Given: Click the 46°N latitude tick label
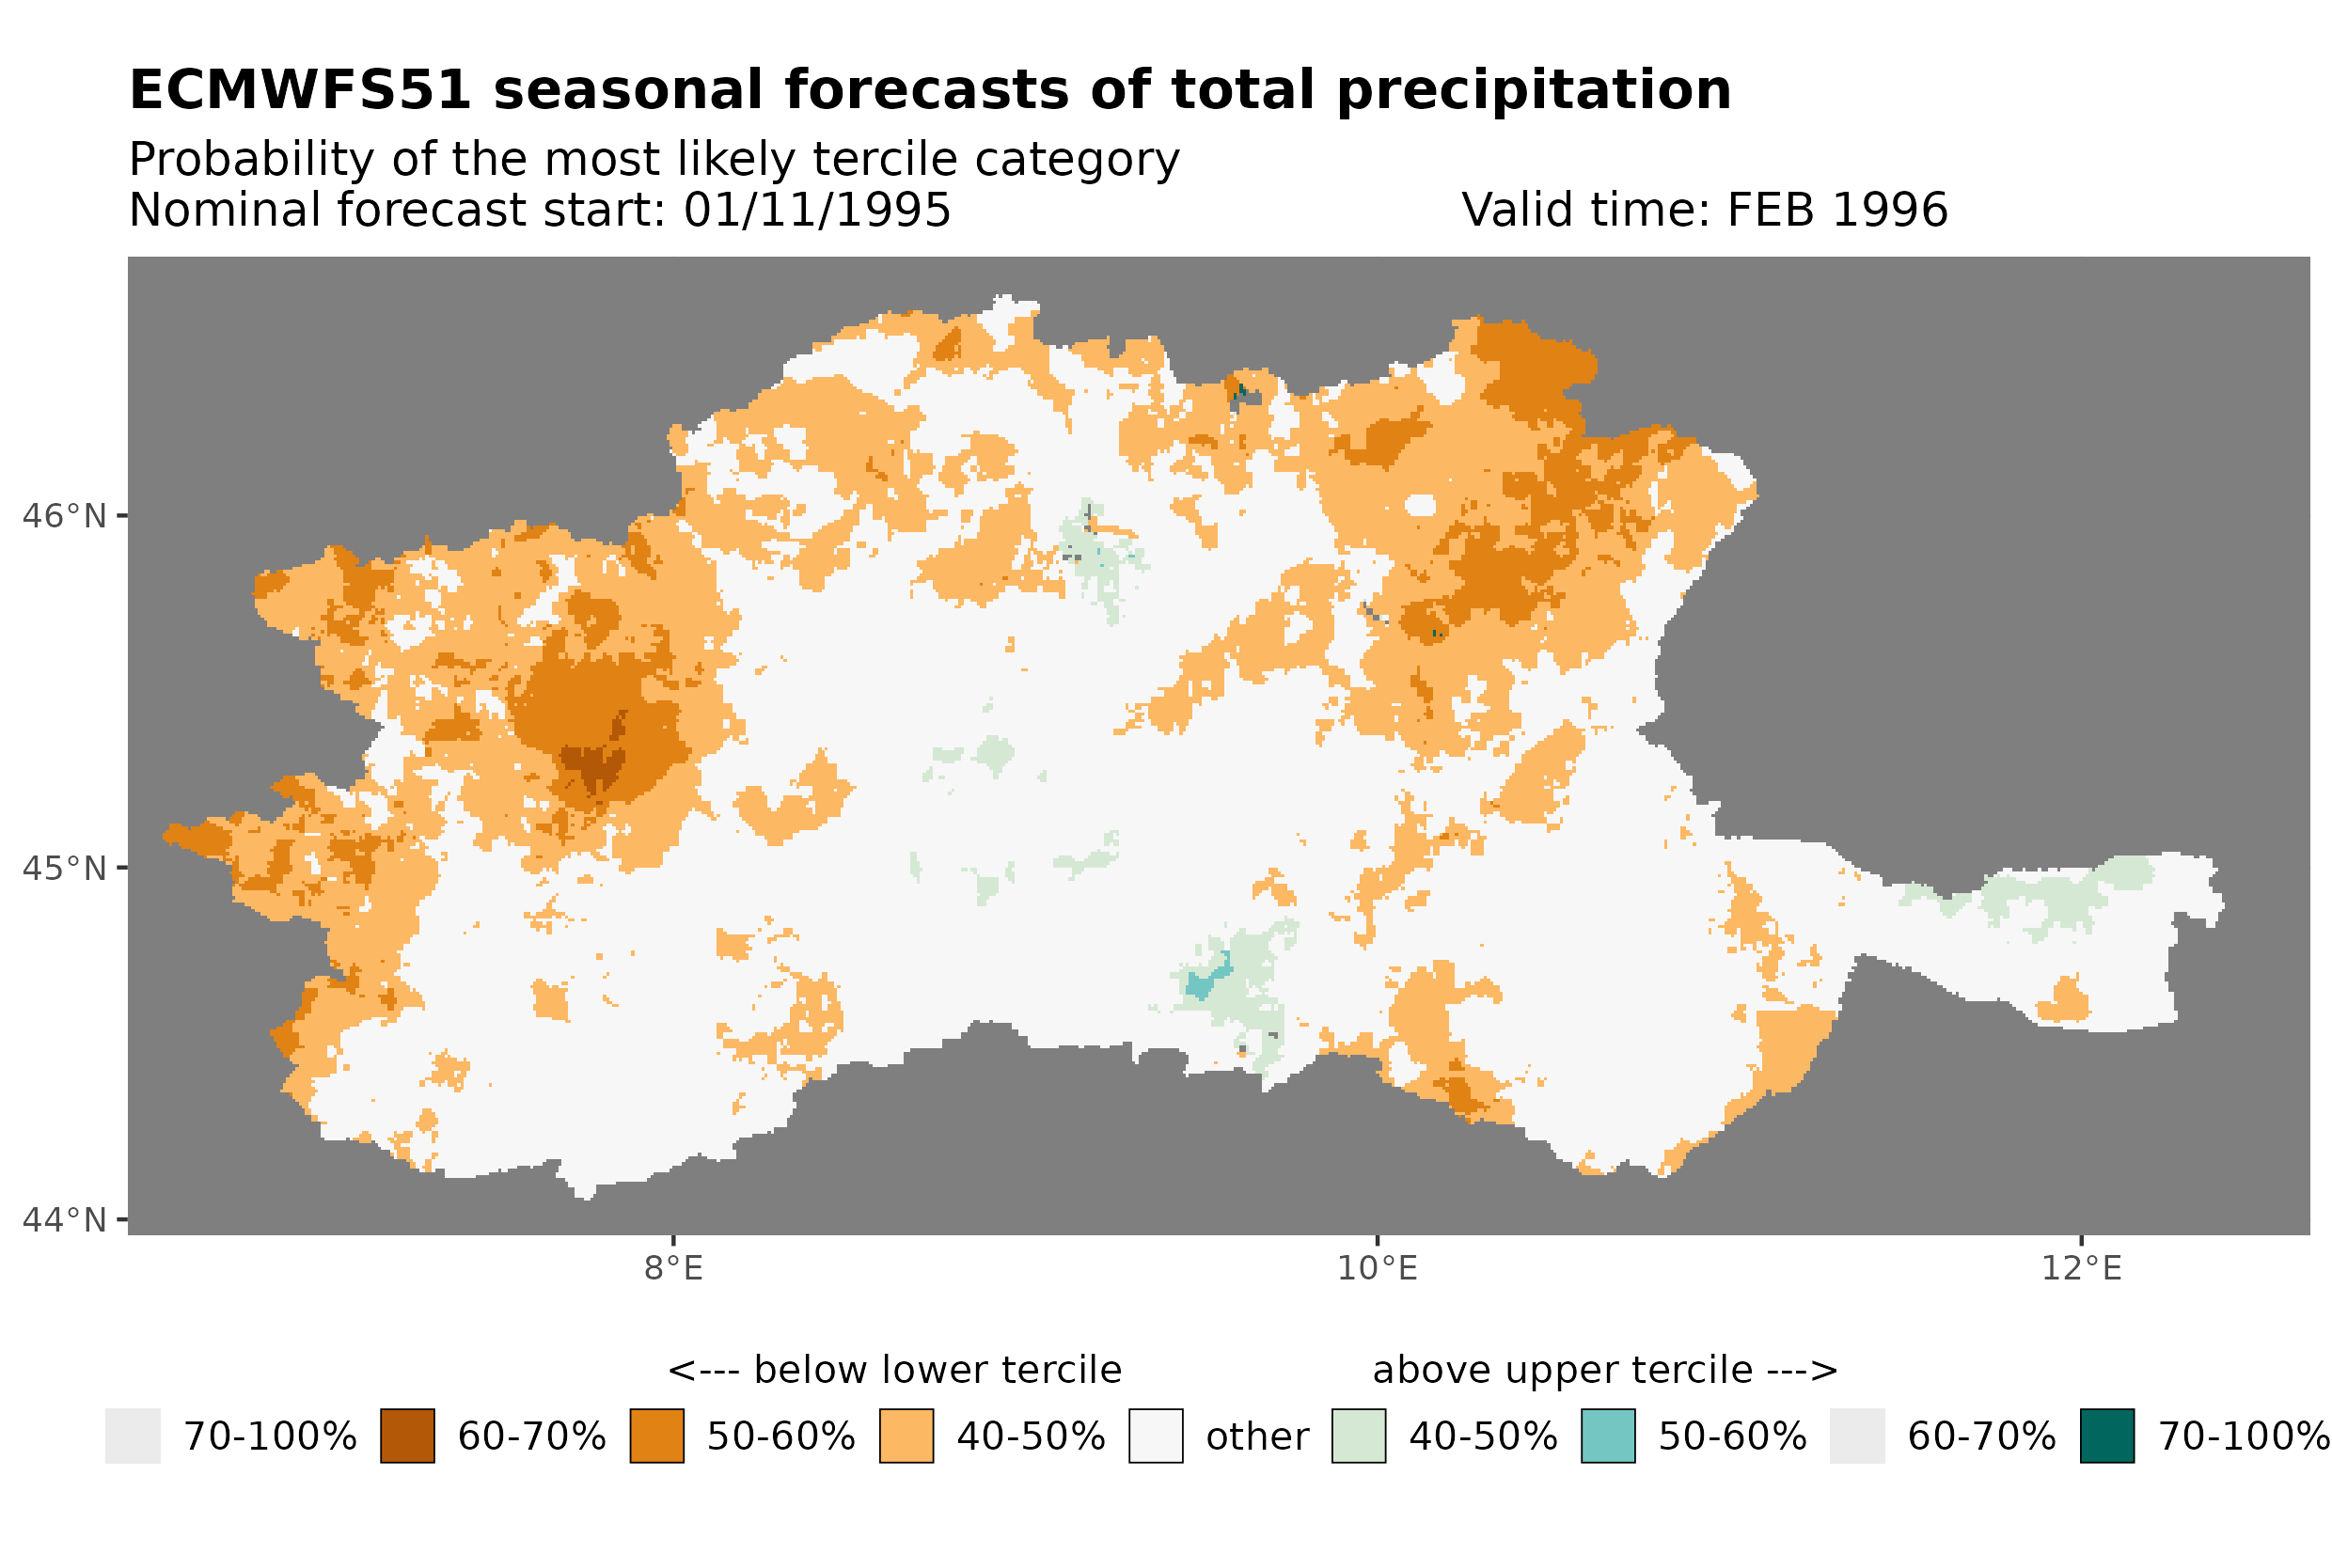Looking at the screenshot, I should pos(63,516).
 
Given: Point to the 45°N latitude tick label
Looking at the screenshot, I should pos(63,868).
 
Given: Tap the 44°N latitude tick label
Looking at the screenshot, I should pos(63,1220).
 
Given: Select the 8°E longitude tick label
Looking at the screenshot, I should pos(673,1268).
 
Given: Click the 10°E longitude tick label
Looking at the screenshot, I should pos(1377,1268).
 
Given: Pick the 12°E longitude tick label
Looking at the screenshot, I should pos(2080,1268).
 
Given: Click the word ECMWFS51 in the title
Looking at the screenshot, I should pos(299,90).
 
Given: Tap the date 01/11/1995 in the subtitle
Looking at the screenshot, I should pos(816,210).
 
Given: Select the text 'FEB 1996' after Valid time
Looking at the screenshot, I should pos(1836,210).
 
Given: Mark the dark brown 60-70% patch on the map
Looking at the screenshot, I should pos(592,766).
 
